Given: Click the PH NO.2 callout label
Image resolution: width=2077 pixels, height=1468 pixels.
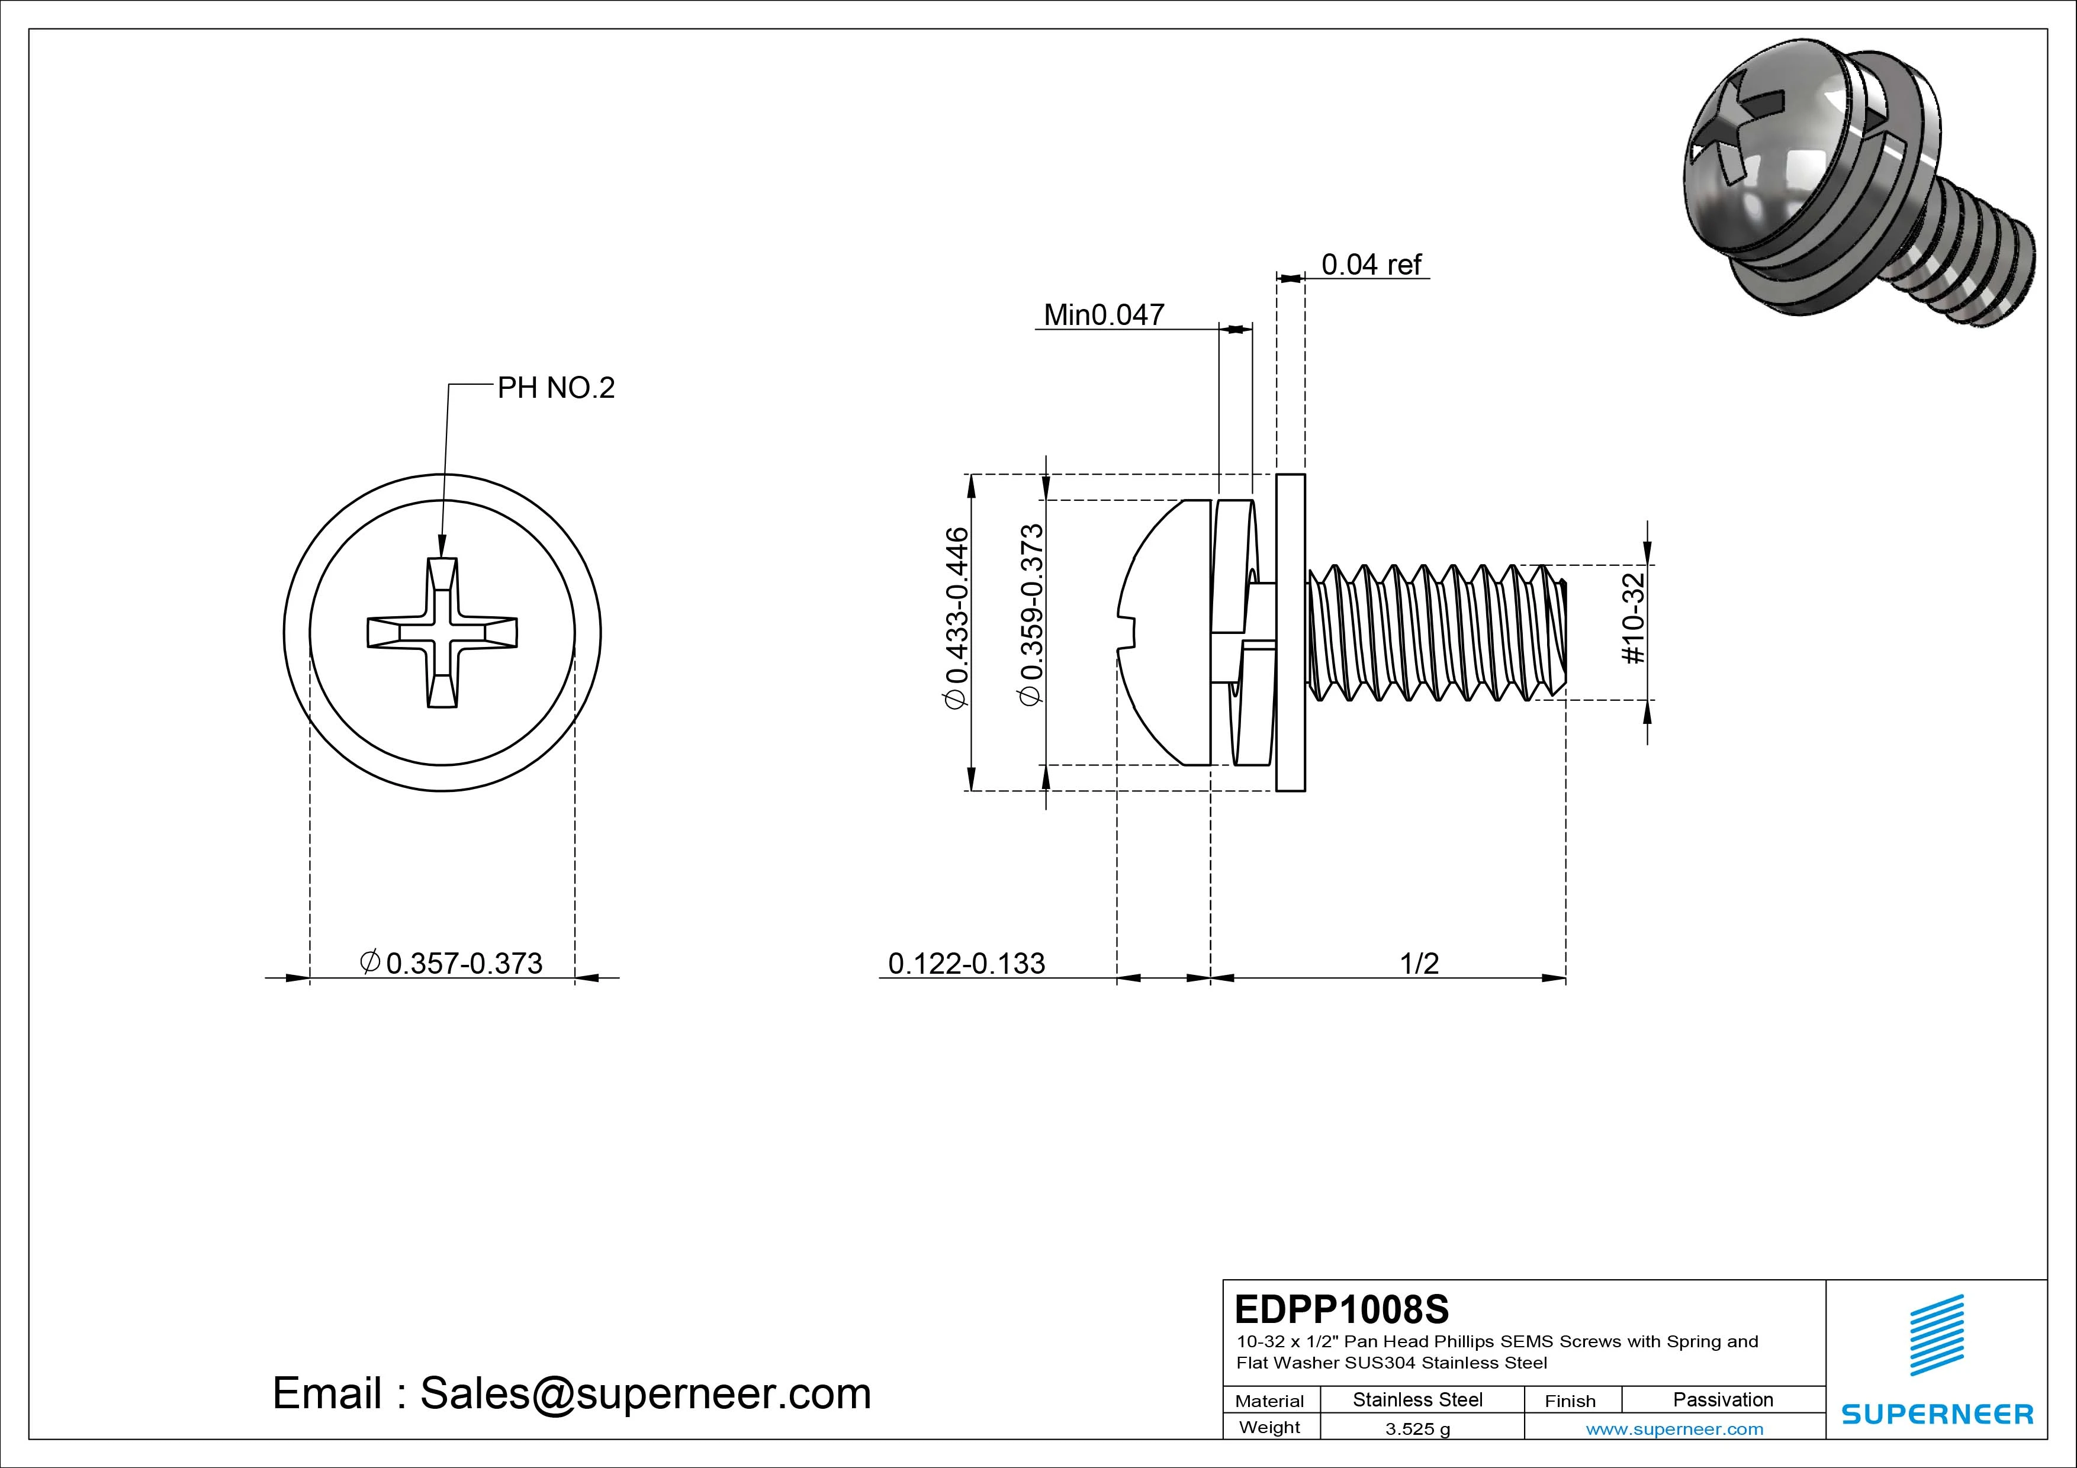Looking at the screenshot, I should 555,388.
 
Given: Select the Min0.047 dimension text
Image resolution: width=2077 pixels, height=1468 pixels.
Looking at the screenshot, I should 1104,315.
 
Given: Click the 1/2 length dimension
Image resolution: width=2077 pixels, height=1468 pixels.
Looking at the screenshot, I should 1419,963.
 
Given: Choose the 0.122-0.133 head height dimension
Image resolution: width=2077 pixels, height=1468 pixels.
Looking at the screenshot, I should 966,963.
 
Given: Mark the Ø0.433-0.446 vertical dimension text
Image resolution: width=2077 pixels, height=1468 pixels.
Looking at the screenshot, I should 957,619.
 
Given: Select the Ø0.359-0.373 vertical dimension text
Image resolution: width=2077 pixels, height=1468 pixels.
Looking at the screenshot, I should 1031,615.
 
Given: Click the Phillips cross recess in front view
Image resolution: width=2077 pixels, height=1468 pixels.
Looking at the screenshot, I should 442,632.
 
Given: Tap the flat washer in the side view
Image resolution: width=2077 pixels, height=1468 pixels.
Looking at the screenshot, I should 1291,632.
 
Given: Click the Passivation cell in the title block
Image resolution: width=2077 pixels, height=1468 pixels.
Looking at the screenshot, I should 1722,1399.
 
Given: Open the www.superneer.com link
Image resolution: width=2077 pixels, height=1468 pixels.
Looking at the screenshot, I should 1674,1429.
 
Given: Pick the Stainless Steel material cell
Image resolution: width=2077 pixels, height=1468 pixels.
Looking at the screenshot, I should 1417,1399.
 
